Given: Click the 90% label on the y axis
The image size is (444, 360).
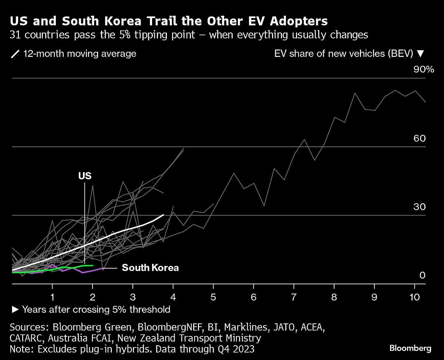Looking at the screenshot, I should [423, 69].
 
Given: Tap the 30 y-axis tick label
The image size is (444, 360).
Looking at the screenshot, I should [420, 207].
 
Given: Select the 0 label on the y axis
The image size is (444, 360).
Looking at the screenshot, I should [422, 275].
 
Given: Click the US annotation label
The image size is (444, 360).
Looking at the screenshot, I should [85, 176].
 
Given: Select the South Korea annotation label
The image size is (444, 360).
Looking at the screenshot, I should [150, 268].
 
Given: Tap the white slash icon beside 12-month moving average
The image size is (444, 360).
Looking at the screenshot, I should [15, 54].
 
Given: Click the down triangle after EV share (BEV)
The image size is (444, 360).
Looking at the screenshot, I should [420, 54].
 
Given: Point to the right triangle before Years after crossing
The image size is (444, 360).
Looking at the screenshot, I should [15, 309].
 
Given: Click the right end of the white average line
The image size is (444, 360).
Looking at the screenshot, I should [163, 215].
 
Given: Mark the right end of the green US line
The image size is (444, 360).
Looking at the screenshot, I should [92, 265].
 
